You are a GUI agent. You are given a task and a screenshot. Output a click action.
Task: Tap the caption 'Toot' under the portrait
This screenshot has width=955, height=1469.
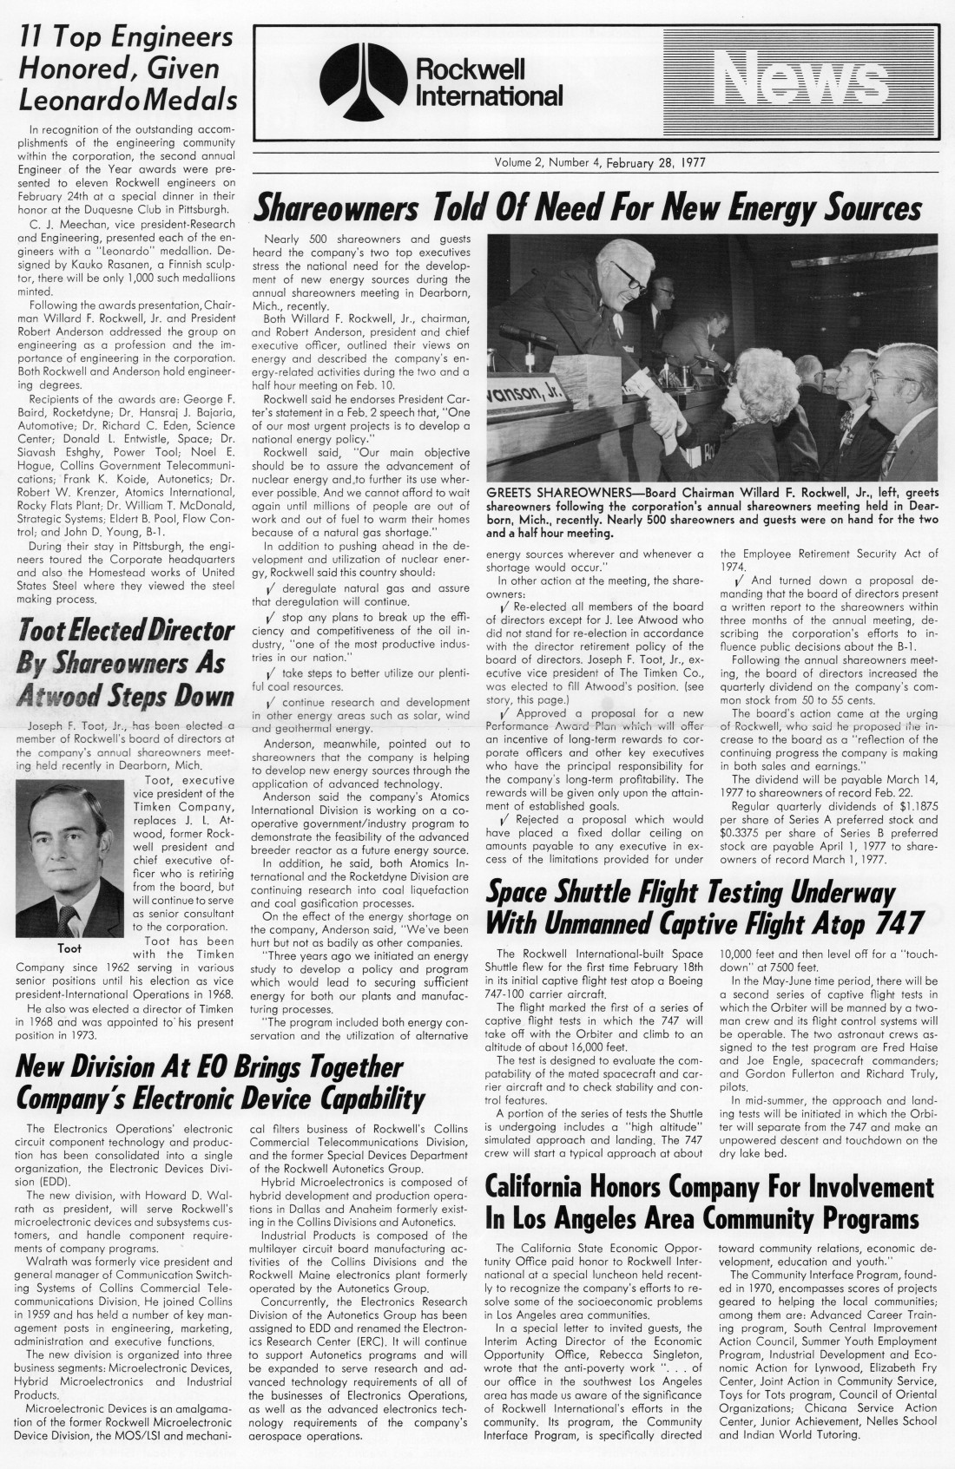click(69, 948)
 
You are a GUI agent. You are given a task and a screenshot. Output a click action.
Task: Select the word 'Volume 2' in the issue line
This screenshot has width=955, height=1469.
click(521, 162)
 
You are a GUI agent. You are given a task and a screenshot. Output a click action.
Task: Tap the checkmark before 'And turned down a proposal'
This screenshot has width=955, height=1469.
click(740, 580)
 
